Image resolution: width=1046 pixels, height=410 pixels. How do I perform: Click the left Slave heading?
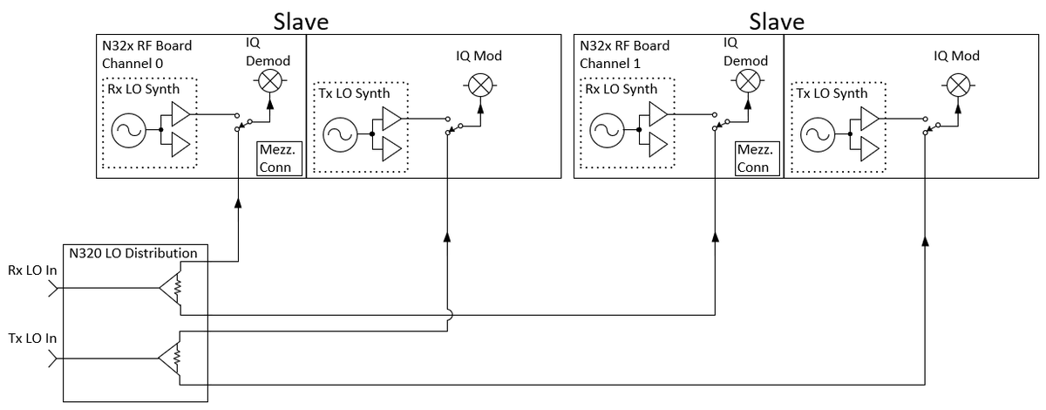click(x=302, y=20)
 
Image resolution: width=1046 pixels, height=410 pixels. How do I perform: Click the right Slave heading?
click(x=777, y=20)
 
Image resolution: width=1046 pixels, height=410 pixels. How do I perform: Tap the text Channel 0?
click(x=132, y=64)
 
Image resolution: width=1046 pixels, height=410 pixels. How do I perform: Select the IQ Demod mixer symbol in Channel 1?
click(x=746, y=81)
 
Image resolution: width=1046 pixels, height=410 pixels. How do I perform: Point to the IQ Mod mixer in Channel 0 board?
click(x=479, y=85)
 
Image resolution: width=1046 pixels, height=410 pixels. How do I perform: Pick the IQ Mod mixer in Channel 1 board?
click(x=957, y=85)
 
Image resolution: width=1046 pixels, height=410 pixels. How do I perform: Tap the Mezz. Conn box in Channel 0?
click(x=278, y=159)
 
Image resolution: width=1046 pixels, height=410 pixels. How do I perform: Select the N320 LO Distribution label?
click(x=135, y=253)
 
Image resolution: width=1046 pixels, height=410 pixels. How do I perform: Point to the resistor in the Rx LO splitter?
click(x=177, y=285)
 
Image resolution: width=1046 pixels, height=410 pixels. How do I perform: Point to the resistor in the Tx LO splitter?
click(x=177, y=357)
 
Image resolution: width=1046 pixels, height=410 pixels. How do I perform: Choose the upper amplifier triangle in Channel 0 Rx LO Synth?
click(x=181, y=114)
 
